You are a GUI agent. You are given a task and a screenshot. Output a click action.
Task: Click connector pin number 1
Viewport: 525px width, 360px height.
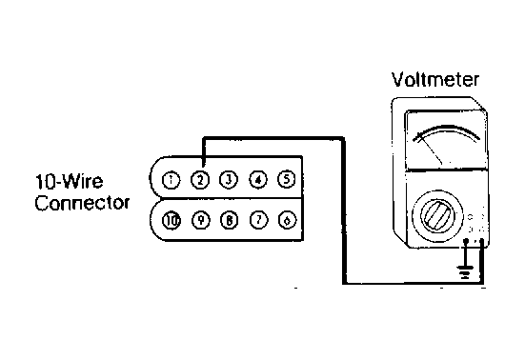171,180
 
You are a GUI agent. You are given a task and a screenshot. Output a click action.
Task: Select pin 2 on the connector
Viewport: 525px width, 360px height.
200,180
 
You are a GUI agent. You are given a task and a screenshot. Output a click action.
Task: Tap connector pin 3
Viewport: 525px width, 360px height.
229,180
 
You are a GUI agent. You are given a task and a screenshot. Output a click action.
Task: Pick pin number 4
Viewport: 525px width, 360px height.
258,180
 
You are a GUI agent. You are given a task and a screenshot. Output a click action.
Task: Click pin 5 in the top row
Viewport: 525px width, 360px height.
287,179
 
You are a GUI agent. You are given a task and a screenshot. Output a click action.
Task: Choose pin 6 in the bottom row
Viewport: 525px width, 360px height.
288,220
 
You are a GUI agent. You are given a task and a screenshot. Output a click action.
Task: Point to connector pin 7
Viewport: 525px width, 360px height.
258,220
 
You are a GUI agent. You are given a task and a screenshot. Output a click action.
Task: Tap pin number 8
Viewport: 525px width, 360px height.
230,221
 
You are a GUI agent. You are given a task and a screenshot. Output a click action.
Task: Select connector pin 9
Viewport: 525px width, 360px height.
200,221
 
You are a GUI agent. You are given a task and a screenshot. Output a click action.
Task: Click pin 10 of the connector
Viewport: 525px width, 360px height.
172,221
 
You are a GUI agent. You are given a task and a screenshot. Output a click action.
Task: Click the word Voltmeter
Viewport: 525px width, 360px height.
435,80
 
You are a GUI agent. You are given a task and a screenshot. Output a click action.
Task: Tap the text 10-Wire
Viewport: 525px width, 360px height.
69,181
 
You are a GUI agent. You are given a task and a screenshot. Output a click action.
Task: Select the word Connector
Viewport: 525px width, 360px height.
82,203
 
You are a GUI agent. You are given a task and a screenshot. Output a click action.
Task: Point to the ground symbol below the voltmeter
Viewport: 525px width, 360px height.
465,271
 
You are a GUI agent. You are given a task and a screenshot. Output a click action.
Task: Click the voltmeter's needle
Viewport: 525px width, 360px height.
430,149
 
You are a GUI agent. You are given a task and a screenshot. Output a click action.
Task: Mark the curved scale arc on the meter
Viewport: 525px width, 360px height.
446,130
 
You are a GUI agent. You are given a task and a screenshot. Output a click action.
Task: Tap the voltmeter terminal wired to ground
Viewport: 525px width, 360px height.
465,240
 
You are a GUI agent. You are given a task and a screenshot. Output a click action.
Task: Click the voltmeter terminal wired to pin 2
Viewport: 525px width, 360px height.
482,240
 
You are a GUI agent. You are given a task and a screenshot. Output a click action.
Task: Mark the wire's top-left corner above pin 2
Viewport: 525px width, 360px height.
203,137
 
